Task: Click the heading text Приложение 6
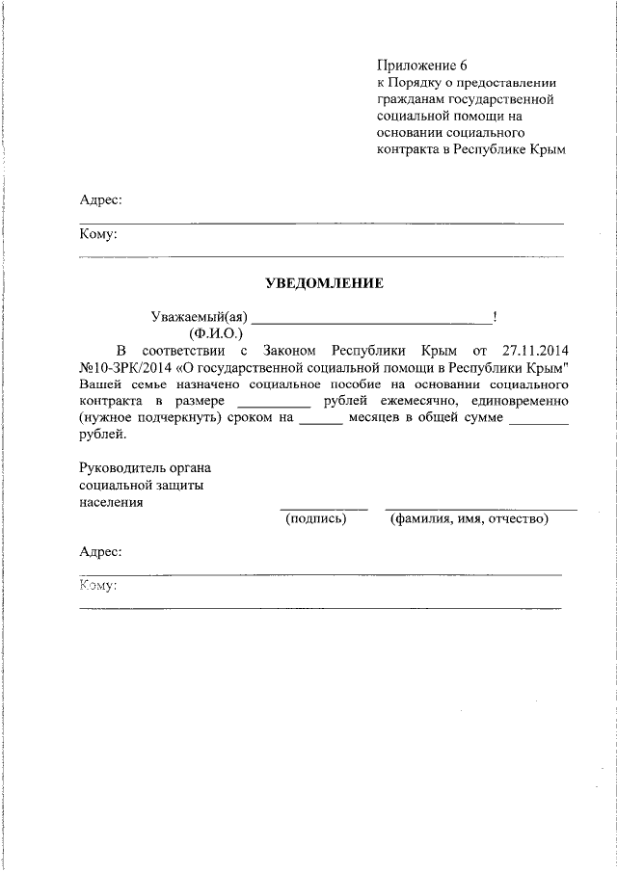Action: coord(421,66)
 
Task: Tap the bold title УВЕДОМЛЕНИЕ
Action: coord(325,283)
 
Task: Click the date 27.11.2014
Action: coord(535,350)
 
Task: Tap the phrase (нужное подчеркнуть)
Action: coord(148,418)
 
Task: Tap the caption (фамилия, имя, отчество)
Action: coord(469,518)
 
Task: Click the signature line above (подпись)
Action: coord(323,508)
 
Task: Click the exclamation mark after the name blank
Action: coord(495,316)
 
